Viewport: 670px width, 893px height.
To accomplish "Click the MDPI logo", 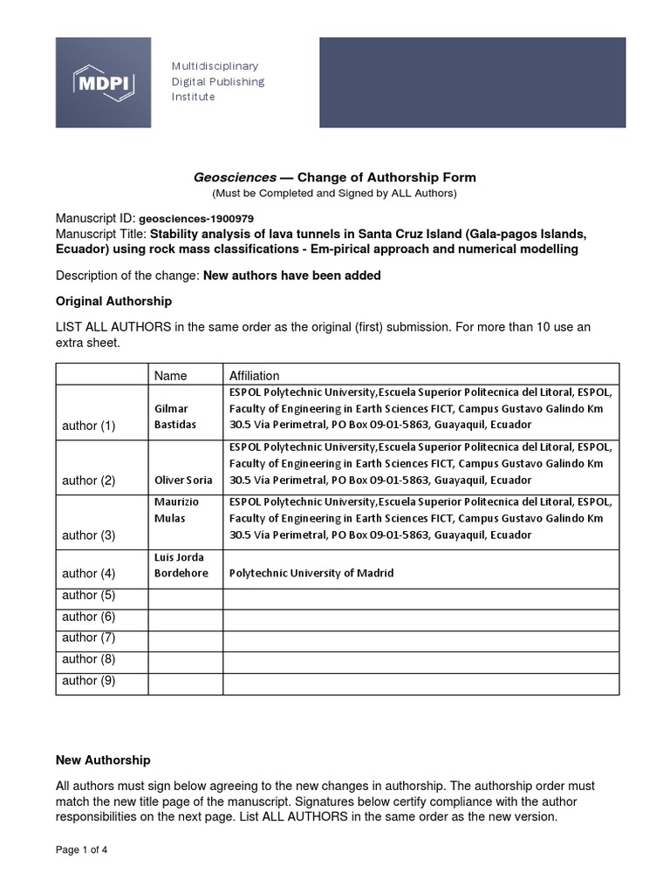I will [x=103, y=82].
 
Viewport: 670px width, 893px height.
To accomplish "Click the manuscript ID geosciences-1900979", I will [x=196, y=218].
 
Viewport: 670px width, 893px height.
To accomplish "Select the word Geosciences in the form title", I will [x=234, y=177].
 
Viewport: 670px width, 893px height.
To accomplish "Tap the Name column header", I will [x=171, y=375].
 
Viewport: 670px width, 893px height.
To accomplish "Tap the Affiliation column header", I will [x=254, y=375].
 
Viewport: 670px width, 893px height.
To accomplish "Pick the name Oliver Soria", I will [x=183, y=481].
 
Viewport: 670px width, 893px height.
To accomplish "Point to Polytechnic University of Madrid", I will [x=311, y=573].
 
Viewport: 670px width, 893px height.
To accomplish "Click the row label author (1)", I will [x=89, y=426].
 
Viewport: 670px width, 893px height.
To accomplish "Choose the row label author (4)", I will [x=89, y=573].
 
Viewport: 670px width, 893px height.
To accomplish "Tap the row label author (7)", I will [x=89, y=637].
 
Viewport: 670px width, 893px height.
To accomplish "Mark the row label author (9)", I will [x=89, y=680].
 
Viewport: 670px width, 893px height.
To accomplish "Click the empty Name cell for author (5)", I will [x=185, y=596].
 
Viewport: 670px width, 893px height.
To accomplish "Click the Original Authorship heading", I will [x=113, y=301].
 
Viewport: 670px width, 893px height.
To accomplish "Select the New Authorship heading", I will [x=103, y=760].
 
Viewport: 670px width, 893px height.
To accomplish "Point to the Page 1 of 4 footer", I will [x=82, y=849].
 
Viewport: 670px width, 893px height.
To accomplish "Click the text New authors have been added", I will [x=292, y=276].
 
